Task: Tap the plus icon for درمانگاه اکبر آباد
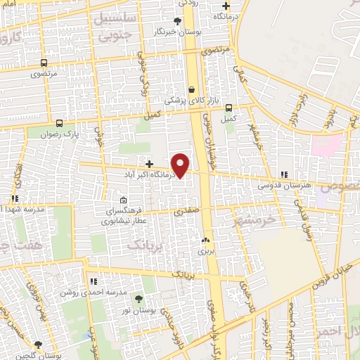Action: click(x=149, y=163)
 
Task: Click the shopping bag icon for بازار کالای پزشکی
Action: click(x=191, y=89)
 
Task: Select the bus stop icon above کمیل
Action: click(x=229, y=108)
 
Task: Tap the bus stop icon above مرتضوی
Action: click(x=44, y=63)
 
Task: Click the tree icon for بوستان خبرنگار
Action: click(x=177, y=21)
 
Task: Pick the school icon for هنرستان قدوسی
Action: click(x=284, y=174)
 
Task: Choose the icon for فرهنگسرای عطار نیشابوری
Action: click(x=124, y=199)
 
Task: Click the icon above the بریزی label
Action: click(x=205, y=240)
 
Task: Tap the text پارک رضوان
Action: click(x=57, y=133)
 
